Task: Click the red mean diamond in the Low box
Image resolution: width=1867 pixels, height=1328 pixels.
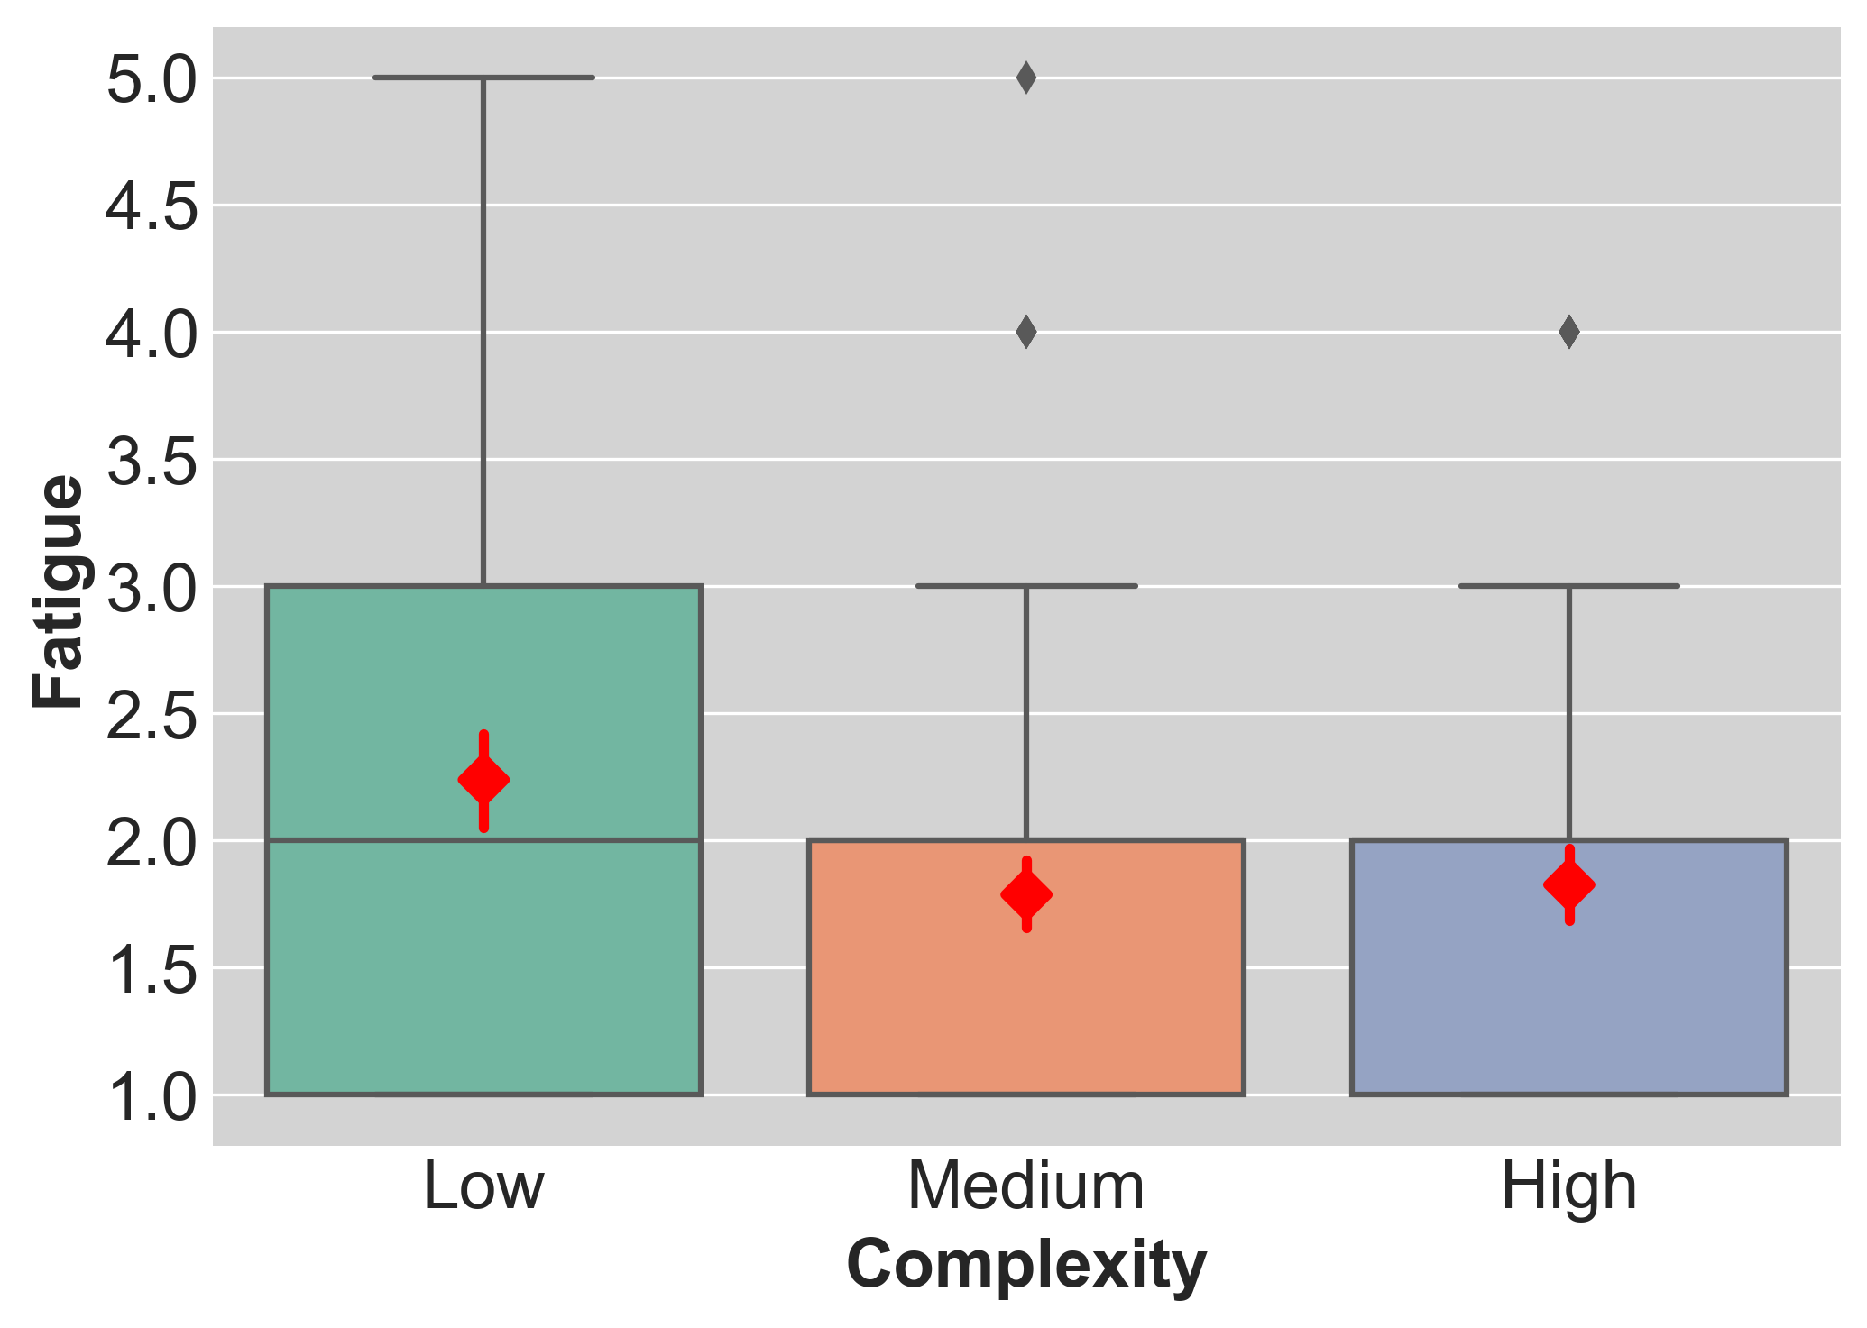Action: [483, 780]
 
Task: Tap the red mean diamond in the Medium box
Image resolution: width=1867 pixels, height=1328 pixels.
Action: [1026, 894]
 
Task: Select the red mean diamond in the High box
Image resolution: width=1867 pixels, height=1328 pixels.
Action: [1569, 884]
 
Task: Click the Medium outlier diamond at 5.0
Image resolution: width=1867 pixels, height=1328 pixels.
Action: [1026, 78]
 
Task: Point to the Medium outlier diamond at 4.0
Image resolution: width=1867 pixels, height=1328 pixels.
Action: [1026, 333]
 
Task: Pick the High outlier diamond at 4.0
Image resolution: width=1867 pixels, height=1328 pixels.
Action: [1569, 333]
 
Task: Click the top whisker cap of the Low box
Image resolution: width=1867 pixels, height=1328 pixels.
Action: [483, 78]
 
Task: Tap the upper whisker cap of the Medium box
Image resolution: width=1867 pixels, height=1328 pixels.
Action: [1026, 586]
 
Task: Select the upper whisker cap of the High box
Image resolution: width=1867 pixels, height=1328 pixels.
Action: [1569, 586]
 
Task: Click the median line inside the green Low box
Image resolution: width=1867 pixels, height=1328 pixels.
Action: [361, 840]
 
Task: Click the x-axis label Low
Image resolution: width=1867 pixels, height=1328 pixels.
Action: [483, 1186]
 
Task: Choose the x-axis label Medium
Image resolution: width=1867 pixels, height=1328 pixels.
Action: [1026, 1186]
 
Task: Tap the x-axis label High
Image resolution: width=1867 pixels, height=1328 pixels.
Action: [1569, 1186]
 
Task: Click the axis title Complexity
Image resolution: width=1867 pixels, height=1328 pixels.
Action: [1026, 1265]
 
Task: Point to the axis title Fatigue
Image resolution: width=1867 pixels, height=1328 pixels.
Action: [57, 591]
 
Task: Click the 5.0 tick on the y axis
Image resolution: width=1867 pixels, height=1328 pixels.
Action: [152, 80]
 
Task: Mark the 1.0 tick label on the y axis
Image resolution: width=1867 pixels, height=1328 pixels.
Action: [152, 1097]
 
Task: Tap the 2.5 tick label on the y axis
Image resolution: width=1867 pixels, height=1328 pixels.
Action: [152, 716]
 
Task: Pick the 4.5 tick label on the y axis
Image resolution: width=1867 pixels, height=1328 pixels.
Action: [152, 207]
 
